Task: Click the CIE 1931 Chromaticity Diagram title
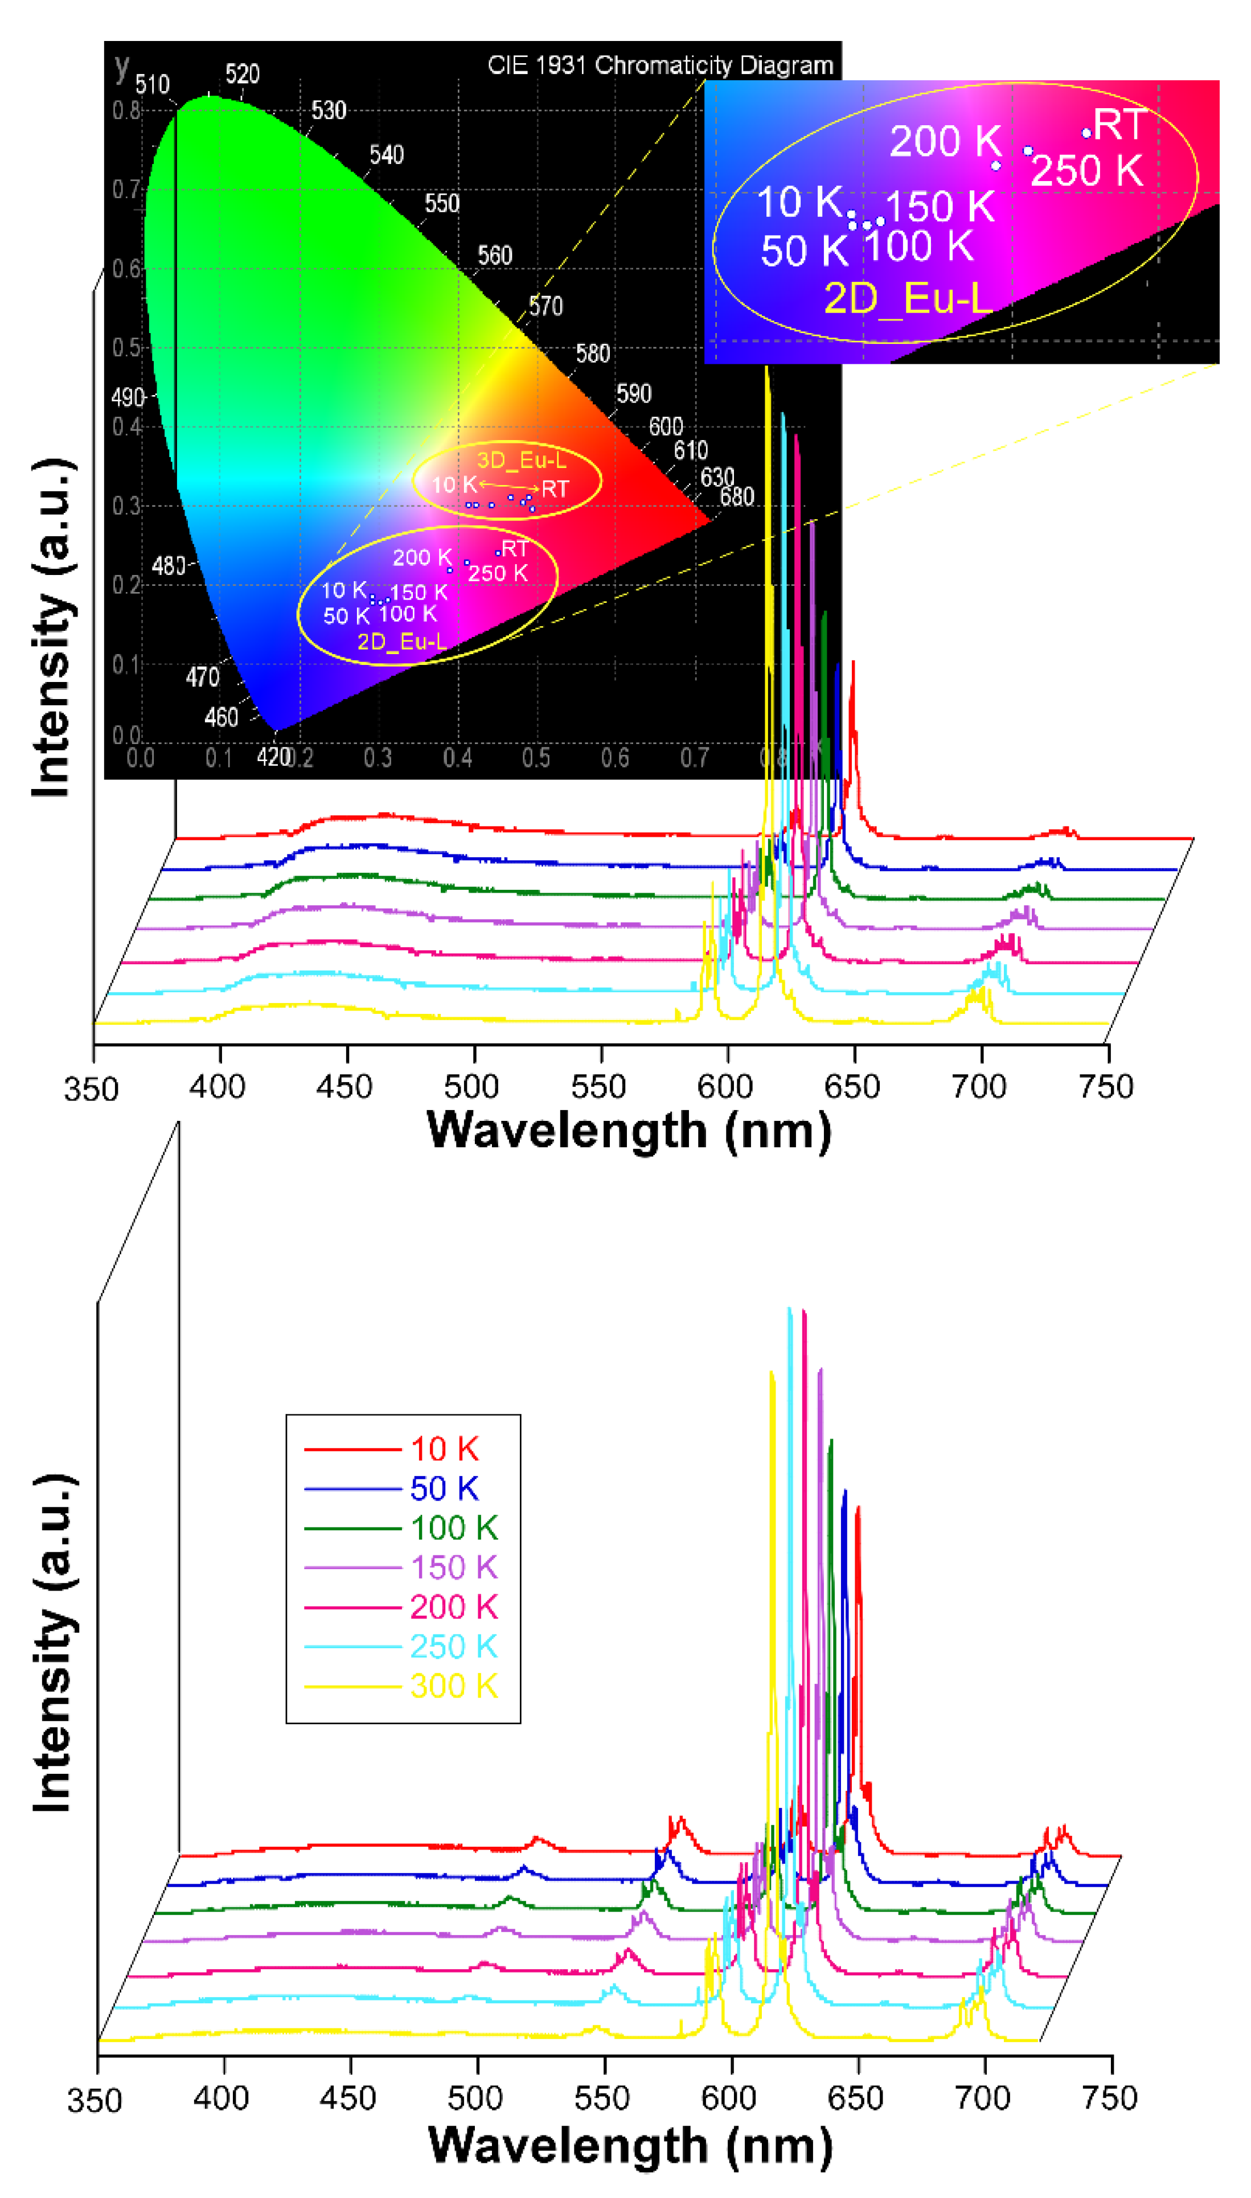[660, 65]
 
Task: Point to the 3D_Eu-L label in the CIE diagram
[522, 459]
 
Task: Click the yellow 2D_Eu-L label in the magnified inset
[908, 299]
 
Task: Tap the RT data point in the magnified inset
[1086, 133]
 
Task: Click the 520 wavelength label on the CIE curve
[243, 75]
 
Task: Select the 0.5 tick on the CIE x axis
[536, 758]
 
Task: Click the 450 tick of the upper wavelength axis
[344, 1087]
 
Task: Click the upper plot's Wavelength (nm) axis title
[629, 1131]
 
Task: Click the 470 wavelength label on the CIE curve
[203, 677]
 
